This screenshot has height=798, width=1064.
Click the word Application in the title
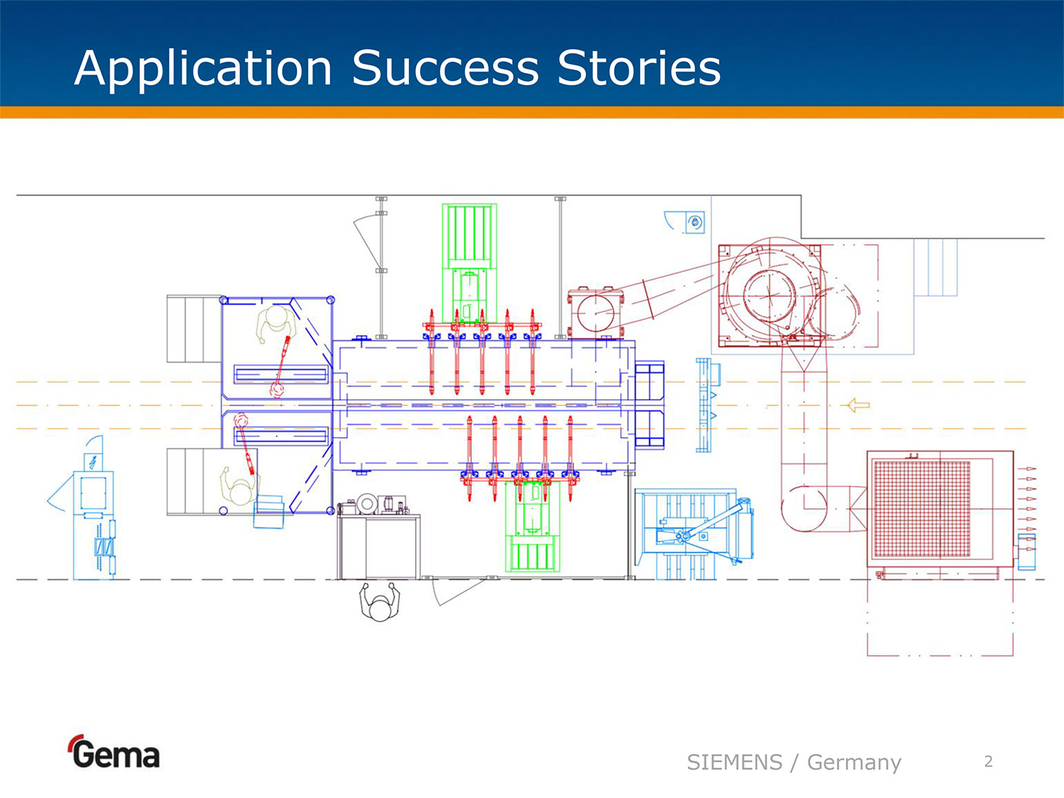[x=203, y=68]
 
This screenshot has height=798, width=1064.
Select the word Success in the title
[x=445, y=68]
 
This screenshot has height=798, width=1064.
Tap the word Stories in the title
[x=638, y=68]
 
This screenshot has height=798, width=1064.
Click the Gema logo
[x=114, y=752]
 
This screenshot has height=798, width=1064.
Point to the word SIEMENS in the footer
[x=734, y=762]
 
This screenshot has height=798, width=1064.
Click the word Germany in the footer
[x=853, y=762]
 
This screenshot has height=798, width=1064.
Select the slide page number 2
[x=988, y=762]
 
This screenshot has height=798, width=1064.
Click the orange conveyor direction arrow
[x=858, y=405]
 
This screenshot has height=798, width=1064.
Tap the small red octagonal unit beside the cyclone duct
[x=592, y=312]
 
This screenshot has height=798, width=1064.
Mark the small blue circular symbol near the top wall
[x=695, y=223]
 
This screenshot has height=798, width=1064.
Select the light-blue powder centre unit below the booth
[x=693, y=532]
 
